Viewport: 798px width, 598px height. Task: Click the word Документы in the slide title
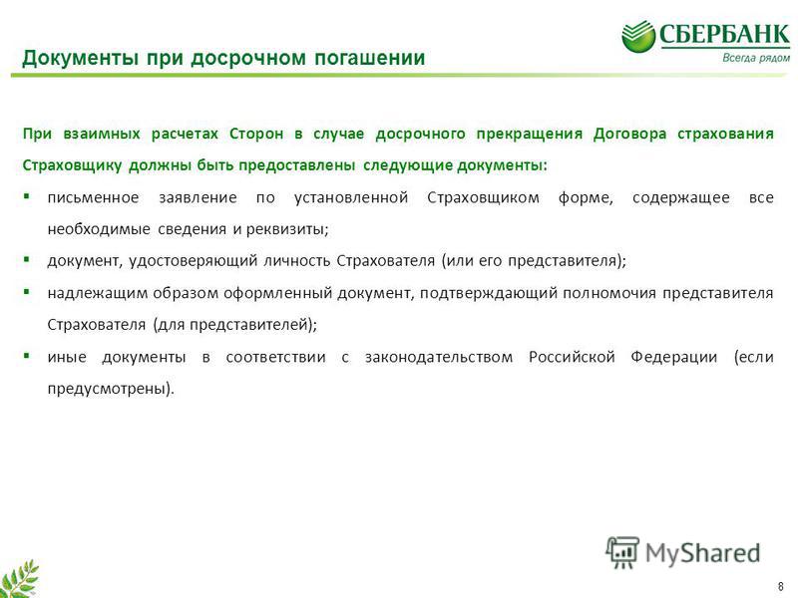tap(81, 58)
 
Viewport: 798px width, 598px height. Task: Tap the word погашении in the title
tap(369, 58)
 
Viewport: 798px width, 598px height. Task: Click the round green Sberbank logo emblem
tap(638, 36)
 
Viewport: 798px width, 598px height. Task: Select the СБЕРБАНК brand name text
tap(725, 35)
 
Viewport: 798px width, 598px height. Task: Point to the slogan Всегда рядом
tap(756, 58)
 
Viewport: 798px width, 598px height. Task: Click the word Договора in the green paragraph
tap(629, 134)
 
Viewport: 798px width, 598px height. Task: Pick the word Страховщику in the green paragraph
tap(72, 165)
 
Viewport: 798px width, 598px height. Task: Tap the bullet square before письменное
tap(27, 195)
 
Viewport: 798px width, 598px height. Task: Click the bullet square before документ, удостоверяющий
tap(27, 259)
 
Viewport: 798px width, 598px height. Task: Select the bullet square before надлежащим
tap(27, 292)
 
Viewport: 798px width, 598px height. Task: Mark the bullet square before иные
tap(27, 356)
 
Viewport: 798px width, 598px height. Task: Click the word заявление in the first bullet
tap(198, 197)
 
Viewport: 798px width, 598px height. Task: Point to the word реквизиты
tap(287, 230)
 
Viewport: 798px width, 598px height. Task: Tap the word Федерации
tap(674, 357)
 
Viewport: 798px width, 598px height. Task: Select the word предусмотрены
tap(111, 389)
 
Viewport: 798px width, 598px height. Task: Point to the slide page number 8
tap(781, 586)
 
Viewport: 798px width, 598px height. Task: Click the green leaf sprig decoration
tap(19, 580)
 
